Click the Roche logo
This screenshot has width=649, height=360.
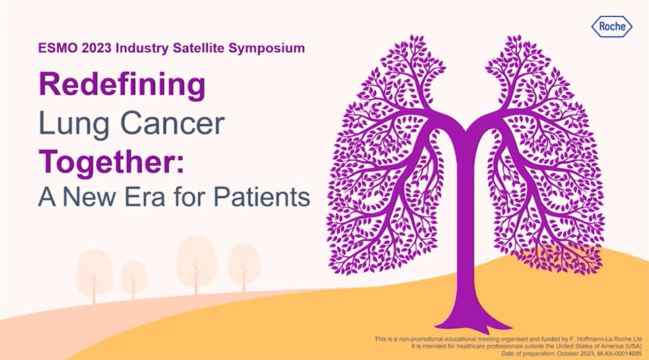(611, 26)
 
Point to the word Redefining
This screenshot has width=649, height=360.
(122, 85)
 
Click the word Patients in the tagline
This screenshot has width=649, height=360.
(262, 197)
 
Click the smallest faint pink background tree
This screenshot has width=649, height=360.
(133, 280)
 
